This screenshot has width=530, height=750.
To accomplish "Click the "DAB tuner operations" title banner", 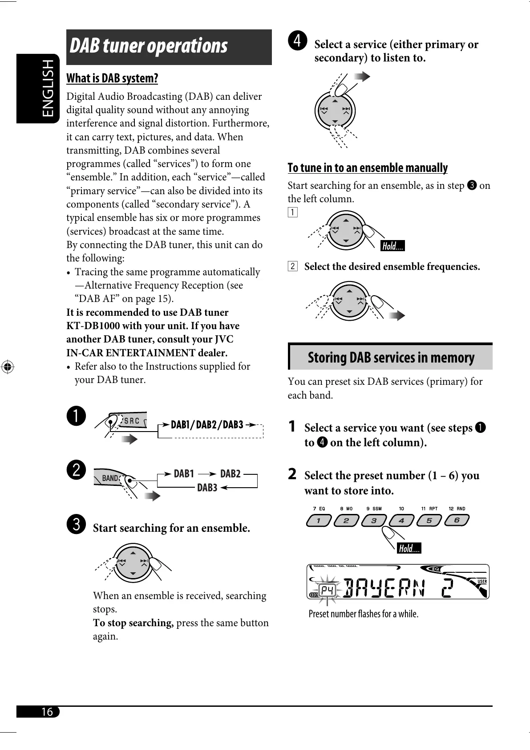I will [x=169, y=47].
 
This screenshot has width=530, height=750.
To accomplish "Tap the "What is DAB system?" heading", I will [x=112, y=78].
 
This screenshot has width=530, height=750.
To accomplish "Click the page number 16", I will [x=47, y=711].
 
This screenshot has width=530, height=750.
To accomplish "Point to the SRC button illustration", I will [x=131, y=420].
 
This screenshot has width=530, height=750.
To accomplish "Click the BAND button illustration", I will [x=109, y=478].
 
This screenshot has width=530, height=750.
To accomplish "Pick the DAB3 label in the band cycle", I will [x=207, y=488].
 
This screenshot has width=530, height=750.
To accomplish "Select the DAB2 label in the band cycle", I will [x=230, y=473].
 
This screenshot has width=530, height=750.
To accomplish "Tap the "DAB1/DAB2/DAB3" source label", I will [x=207, y=424].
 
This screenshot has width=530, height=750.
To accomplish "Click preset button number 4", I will [x=401, y=520].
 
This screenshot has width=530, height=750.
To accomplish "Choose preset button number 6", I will [x=457, y=520].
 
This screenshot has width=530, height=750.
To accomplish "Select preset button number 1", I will [x=319, y=520].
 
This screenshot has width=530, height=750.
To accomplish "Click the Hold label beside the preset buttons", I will [x=409, y=548].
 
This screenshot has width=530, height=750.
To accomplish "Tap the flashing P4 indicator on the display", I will [x=328, y=590].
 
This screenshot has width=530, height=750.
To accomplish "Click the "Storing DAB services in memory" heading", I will [x=391, y=358].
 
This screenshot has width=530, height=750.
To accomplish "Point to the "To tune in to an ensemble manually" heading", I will [x=368, y=168].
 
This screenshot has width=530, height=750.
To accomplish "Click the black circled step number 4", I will [x=297, y=41].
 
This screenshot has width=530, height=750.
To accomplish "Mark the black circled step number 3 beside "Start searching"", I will [x=77, y=524].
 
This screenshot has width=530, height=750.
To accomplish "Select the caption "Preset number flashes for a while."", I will [x=364, y=614].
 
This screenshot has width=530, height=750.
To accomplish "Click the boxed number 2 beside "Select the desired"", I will [x=292, y=267].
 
